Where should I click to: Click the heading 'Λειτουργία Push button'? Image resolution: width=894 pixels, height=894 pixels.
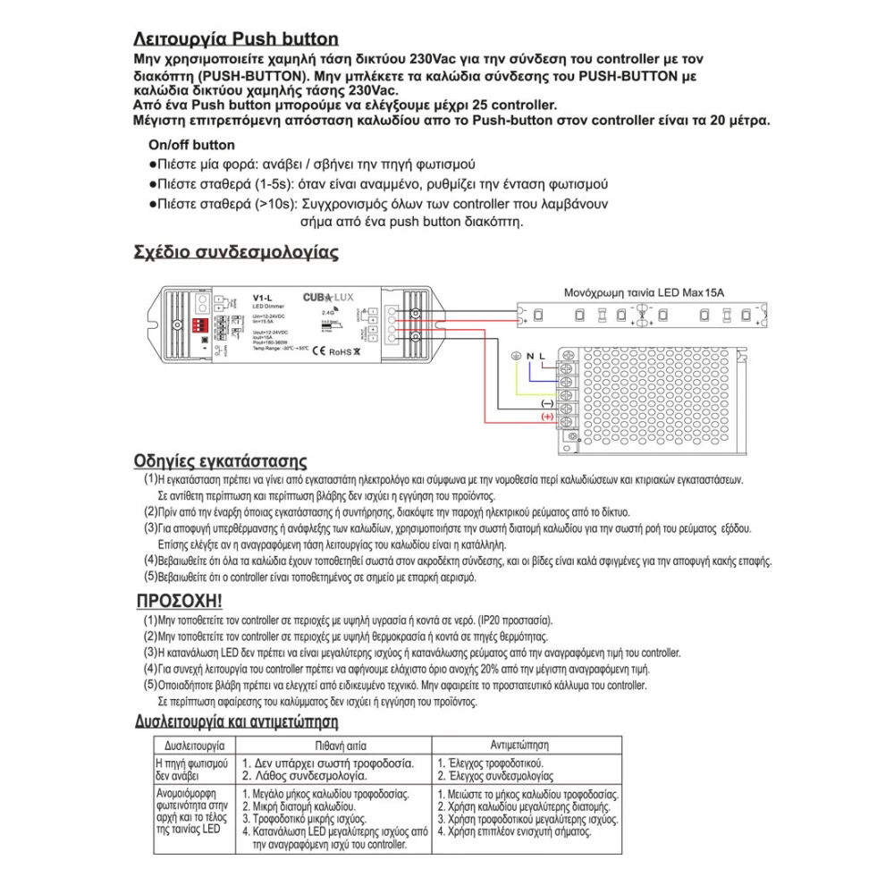click(235, 38)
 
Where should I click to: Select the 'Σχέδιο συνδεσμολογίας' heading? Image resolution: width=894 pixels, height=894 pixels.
click(235, 252)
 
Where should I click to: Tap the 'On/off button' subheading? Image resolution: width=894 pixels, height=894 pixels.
click(191, 145)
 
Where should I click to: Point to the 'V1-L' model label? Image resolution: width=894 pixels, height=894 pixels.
click(262, 298)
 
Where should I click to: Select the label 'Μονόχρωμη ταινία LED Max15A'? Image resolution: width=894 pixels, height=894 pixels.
click(643, 292)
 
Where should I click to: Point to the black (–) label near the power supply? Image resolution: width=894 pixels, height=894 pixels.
click(547, 404)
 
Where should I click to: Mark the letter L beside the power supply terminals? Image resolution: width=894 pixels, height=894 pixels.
click(542, 358)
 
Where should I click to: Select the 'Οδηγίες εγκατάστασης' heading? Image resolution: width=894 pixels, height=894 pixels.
click(220, 461)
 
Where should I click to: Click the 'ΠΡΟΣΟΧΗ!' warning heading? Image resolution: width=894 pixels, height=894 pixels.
click(180, 600)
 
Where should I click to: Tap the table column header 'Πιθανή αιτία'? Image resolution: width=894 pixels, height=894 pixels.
click(328, 744)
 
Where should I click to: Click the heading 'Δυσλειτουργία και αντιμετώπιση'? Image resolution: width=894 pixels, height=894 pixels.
click(236, 721)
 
